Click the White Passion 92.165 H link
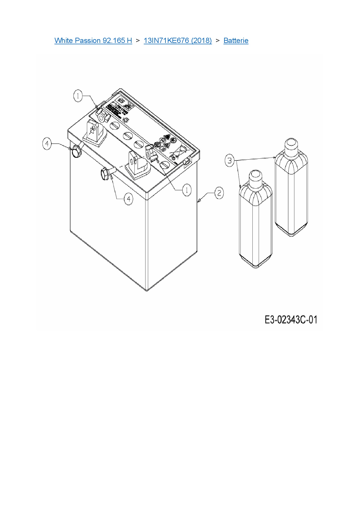(x=93, y=40)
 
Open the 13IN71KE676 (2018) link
(x=178, y=40)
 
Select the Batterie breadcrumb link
(x=236, y=40)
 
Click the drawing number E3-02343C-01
(x=291, y=320)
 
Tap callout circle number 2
(x=219, y=193)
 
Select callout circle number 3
(x=230, y=160)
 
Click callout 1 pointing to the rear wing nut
(x=78, y=96)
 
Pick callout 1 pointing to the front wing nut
(x=187, y=190)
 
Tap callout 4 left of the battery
(x=47, y=144)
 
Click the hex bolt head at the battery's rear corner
(x=76, y=151)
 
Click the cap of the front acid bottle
(x=255, y=177)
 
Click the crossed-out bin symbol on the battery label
(x=180, y=151)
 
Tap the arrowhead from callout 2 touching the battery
(x=199, y=200)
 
